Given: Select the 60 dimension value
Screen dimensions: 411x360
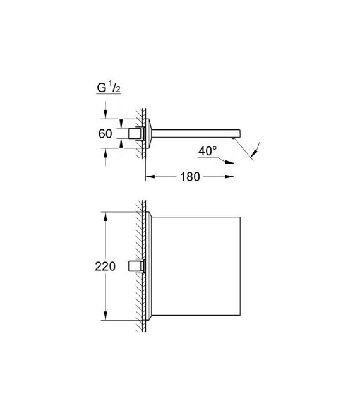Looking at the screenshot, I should (105, 134).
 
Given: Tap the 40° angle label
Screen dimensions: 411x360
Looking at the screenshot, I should (207, 152).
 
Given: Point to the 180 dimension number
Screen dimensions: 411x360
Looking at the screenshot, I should (189, 177).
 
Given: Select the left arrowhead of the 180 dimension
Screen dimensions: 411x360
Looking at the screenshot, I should (150, 177).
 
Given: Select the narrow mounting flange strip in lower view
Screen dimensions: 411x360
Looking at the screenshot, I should (149, 266).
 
